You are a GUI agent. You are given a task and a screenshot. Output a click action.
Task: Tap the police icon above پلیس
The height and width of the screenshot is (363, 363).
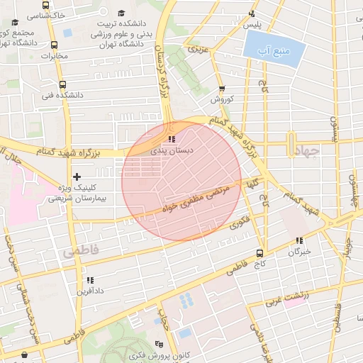coord(252,13)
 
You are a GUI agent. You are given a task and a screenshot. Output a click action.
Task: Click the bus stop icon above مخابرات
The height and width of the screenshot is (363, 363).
coord(55,45)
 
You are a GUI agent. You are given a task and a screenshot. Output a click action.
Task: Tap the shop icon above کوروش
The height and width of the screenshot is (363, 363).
coord(222,89)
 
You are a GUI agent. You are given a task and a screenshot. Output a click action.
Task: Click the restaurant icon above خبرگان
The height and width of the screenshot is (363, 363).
coord(299,240)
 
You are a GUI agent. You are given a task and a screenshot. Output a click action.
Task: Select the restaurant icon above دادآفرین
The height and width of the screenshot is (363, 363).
coord(89,280)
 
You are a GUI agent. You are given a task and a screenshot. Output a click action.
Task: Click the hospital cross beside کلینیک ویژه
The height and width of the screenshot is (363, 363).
coord(77,176)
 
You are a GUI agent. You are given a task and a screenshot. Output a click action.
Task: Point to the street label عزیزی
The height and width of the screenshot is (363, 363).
coord(196,50)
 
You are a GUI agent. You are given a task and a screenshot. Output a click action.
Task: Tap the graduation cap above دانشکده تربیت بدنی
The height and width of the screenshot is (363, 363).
coord(121,13)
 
